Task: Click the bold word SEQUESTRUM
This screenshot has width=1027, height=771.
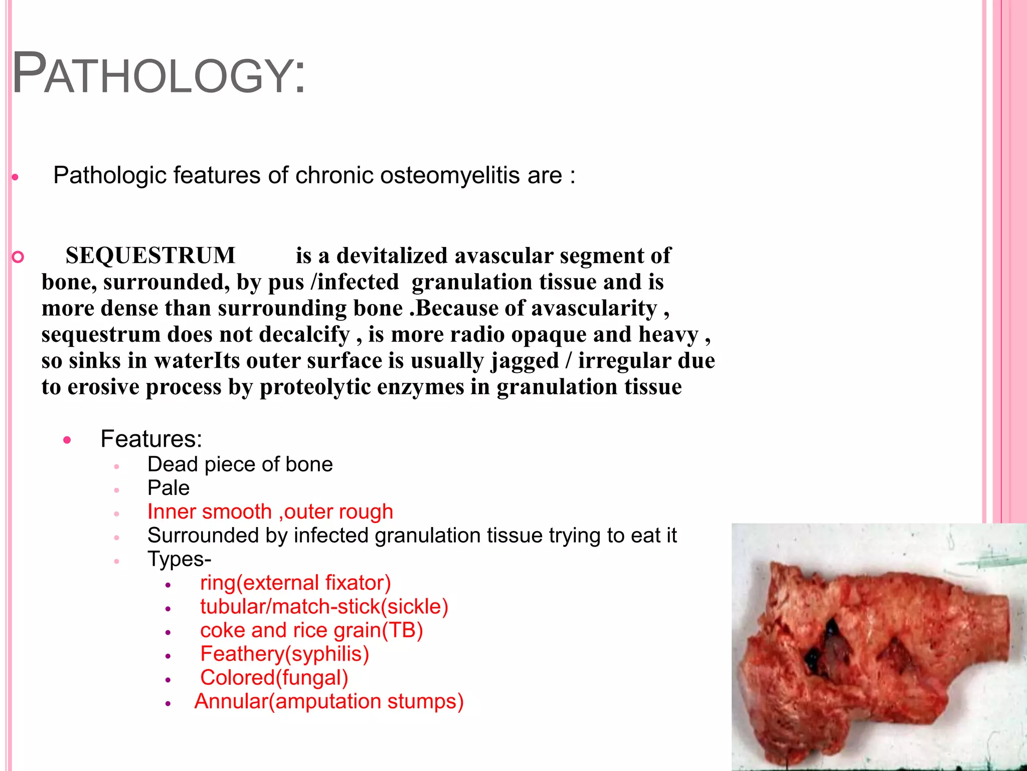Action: (150, 255)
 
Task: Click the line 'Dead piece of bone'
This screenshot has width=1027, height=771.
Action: (240, 465)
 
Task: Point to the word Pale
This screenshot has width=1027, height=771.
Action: (168, 488)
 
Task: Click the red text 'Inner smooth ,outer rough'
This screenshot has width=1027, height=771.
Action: (270, 512)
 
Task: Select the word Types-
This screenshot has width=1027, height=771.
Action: (179, 559)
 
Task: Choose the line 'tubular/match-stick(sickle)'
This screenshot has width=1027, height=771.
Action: (324, 607)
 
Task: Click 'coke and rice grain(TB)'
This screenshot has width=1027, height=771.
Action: (311, 630)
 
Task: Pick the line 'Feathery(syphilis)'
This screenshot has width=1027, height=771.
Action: (284, 654)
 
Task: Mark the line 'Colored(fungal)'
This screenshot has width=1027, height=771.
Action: (274, 678)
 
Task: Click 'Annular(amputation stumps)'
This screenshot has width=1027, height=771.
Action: (329, 702)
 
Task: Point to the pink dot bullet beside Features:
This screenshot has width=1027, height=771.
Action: (68, 441)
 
